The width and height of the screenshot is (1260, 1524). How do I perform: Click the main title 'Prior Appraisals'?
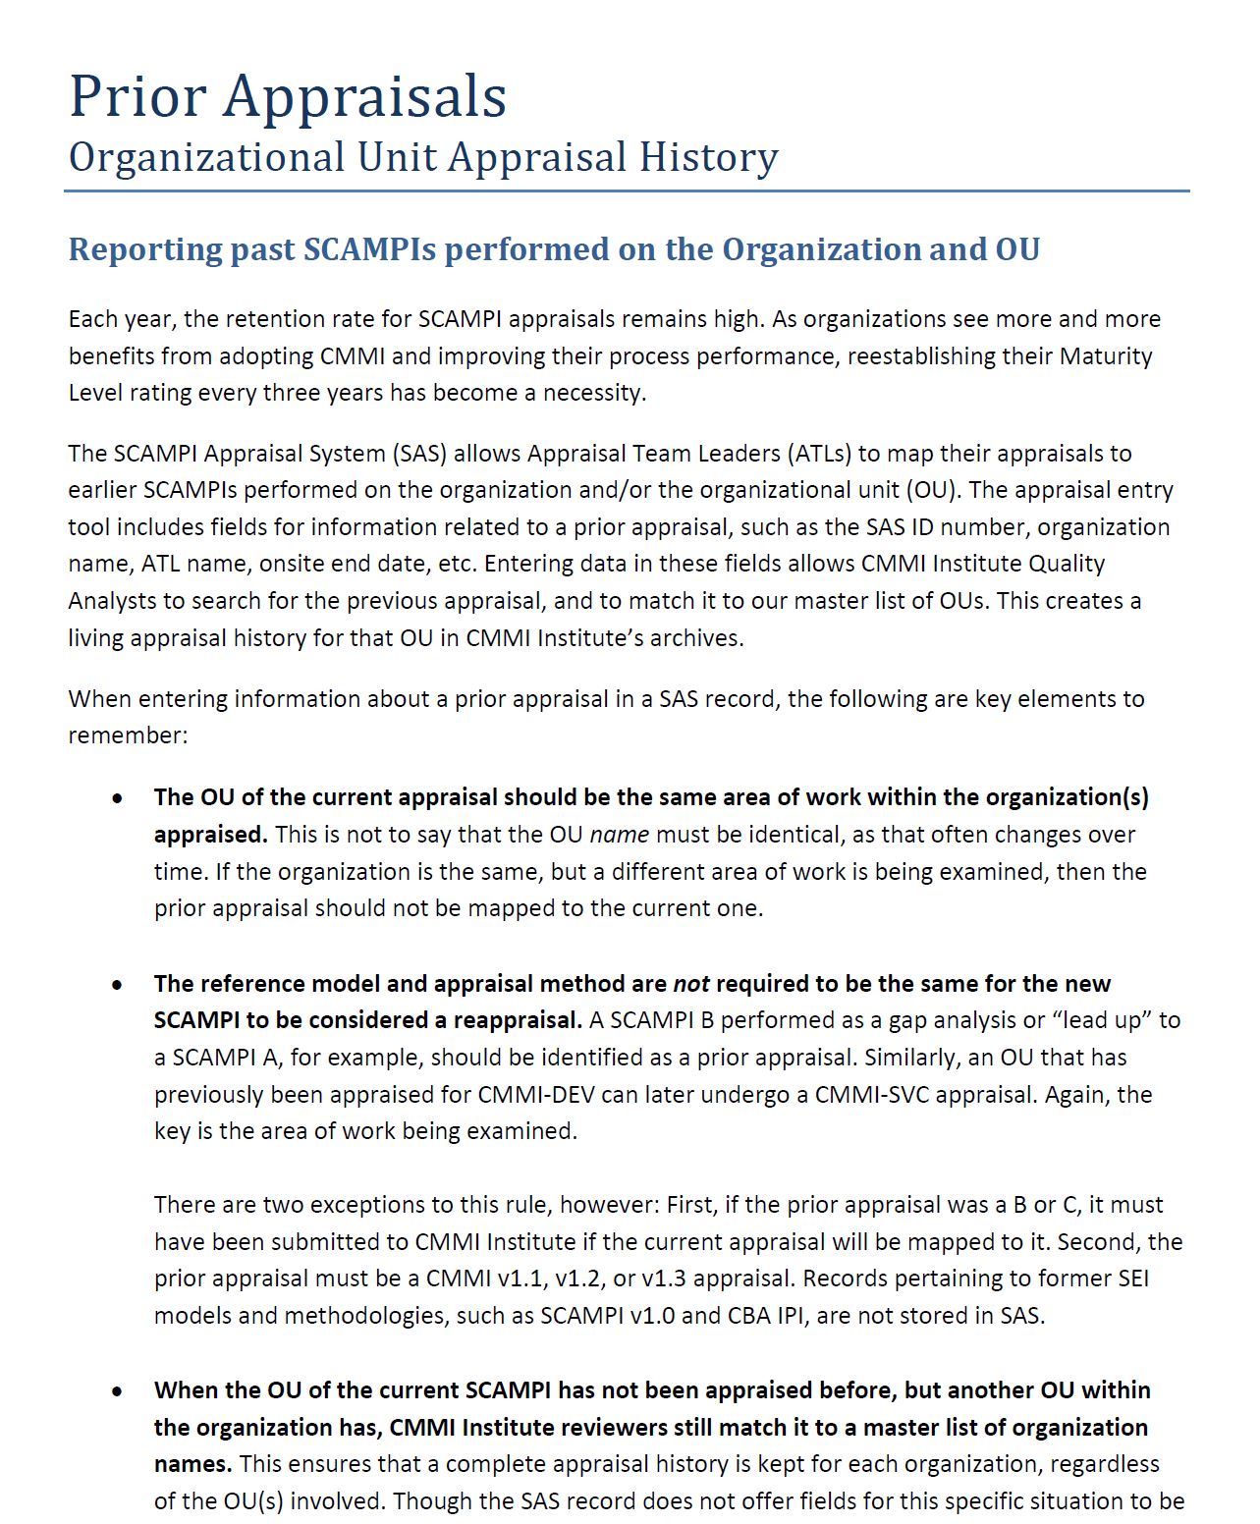(288, 96)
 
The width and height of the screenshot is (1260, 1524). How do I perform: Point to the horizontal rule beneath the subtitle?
(627, 190)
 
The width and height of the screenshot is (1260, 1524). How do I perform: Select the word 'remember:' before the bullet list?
(128, 735)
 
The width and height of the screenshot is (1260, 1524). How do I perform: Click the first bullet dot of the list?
(118, 798)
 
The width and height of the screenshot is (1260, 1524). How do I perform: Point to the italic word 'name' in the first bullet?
(619, 835)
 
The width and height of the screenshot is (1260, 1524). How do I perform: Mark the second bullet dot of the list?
(118, 984)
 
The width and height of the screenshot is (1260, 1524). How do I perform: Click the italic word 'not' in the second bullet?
(690, 984)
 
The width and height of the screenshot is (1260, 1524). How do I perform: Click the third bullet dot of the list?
(118, 1390)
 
